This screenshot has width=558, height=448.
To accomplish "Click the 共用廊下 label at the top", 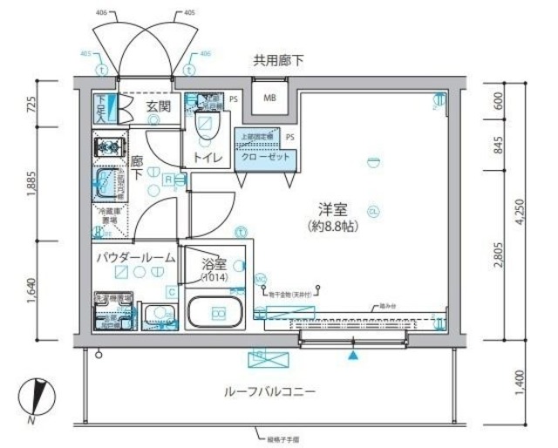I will pyautogui.click(x=278, y=62).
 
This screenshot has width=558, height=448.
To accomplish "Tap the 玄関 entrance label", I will pyautogui.click(x=158, y=106).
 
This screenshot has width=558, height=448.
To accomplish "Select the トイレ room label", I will pyautogui.click(x=206, y=158).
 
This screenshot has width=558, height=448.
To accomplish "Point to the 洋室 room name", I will pyautogui.click(x=334, y=208).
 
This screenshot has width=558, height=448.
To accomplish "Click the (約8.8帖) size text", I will pyautogui.click(x=334, y=227).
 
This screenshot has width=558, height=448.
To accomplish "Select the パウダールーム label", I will pyautogui.click(x=135, y=258).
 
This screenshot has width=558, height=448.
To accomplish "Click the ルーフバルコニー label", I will pyautogui.click(x=269, y=391).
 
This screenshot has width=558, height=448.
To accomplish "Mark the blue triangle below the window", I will pyautogui.click(x=352, y=356).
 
